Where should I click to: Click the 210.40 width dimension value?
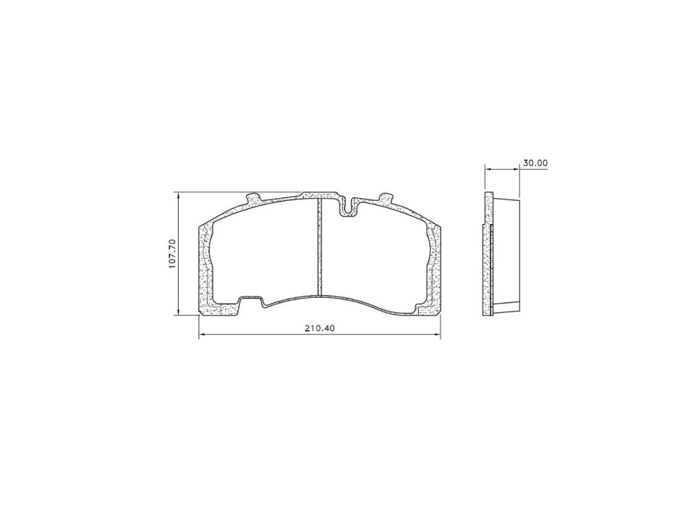click(x=320, y=328)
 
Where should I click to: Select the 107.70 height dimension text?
click(x=172, y=254)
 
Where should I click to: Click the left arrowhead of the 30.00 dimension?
click(x=488, y=169)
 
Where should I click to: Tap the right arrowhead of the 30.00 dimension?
click(x=516, y=169)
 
